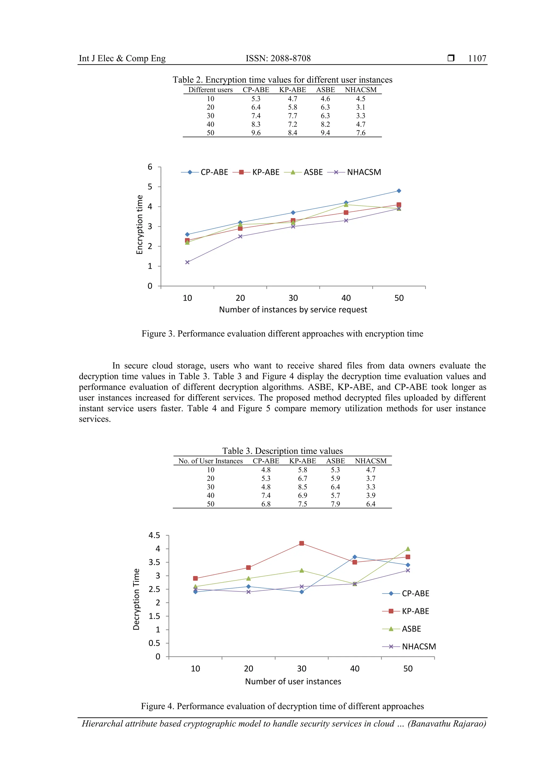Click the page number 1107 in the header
(x=477, y=59)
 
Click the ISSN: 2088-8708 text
(x=278, y=59)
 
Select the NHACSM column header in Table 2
(x=361, y=90)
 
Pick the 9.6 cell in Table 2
(x=256, y=133)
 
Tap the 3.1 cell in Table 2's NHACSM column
(x=361, y=107)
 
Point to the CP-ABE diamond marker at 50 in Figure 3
(x=399, y=191)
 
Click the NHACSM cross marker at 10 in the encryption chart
(x=187, y=262)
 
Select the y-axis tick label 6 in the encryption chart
(x=150, y=167)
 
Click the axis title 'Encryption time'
(x=139, y=225)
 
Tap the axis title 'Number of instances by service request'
(x=293, y=309)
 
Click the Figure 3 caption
(x=282, y=334)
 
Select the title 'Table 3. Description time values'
(x=282, y=451)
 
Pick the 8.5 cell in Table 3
(x=302, y=487)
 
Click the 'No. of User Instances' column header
(x=211, y=461)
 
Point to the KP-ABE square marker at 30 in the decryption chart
(x=301, y=543)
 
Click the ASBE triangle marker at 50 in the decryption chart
(x=408, y=549)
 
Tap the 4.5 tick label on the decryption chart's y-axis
(x=154, y=535)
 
